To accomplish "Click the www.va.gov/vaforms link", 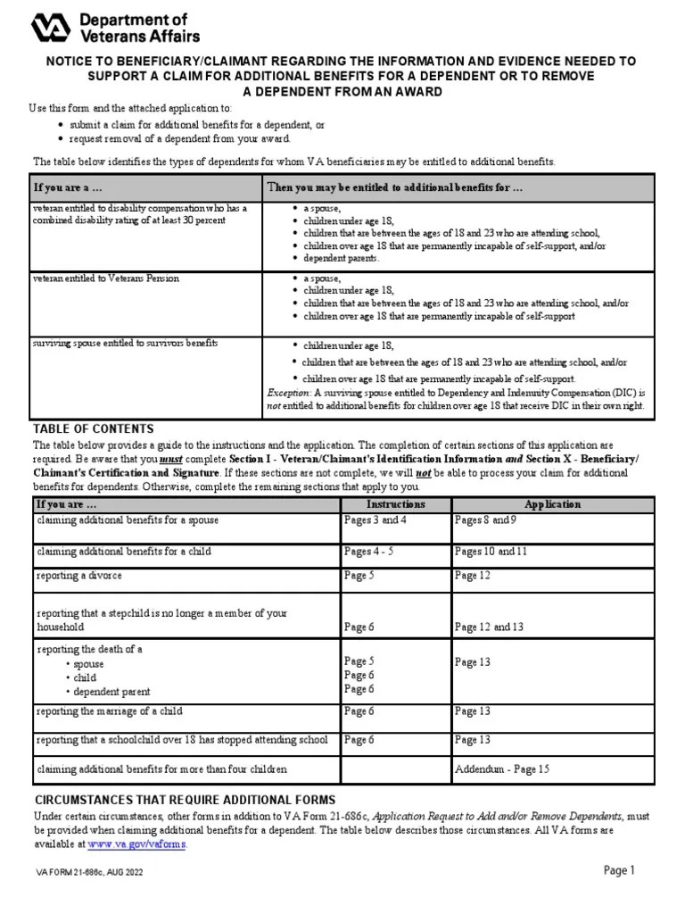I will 137,843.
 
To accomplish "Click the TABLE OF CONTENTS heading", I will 94,428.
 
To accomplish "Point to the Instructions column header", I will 395,504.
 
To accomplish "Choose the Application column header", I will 552,504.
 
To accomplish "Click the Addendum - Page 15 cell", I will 502,769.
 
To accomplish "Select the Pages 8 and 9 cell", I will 485,519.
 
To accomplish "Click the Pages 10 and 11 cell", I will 491,552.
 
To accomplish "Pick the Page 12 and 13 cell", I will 489,627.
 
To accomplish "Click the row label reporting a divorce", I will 79,576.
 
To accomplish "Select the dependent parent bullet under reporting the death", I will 111,692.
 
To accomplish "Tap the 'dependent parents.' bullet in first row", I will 341,258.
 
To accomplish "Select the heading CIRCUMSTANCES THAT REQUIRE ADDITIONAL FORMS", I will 184,799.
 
